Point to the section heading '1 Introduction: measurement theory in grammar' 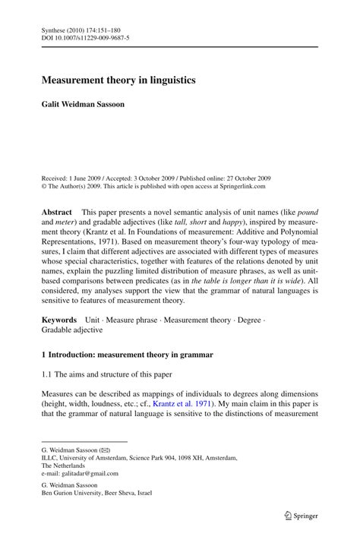tap(127, 355)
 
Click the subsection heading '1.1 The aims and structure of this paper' tap(106, 375)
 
